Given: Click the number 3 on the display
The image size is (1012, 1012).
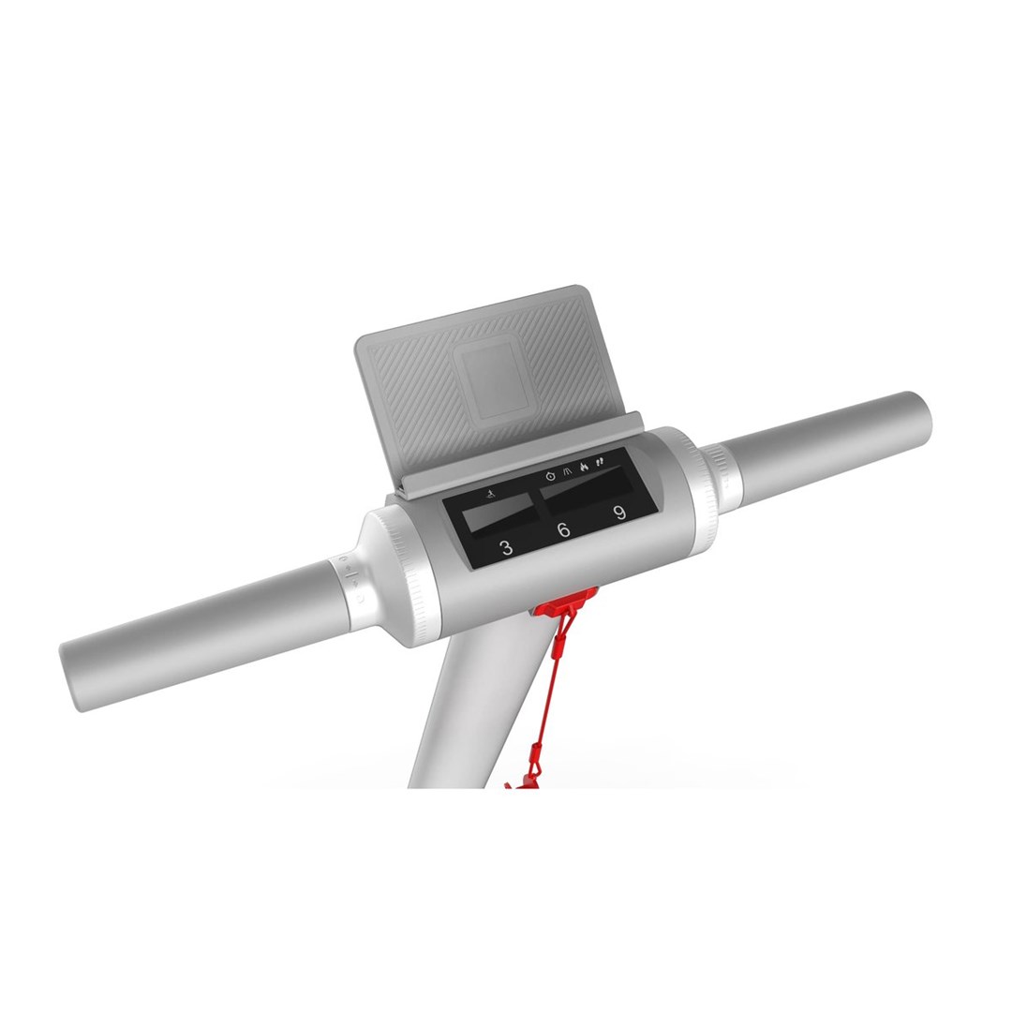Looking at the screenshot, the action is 507,548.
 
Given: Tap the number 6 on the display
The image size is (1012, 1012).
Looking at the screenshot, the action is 563,530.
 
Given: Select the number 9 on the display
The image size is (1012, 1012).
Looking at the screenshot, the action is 619,513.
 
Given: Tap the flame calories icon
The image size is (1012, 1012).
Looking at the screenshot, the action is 584,467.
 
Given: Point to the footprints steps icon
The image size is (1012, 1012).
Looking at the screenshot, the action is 601,461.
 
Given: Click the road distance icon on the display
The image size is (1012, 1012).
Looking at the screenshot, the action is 567,471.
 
